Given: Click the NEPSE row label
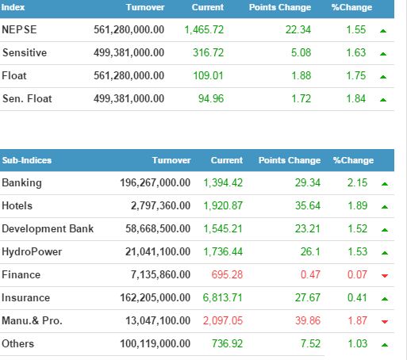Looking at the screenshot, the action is pyautogui.click(x=19, y=29).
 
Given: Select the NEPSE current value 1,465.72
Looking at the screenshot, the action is pyautogui.click(x=204, y=30).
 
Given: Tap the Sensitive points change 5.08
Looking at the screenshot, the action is pyautogui.click(x=301, y=52).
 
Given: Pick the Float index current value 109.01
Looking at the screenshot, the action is pyautogui.click(x=208, y=75).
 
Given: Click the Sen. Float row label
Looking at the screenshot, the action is pyautogui.click(x=27, y=98).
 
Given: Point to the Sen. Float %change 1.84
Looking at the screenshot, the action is pyautogui.click(x=356, y=98).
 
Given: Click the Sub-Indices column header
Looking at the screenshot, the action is pyautogui.click(x=27, y=160).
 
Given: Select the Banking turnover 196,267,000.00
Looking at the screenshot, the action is pyautogui.click(x=156, y=182).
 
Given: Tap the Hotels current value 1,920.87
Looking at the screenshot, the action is pyautogui.click(x=223, y=205).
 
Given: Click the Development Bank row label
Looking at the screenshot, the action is pyautogui.click(x=48, y=228).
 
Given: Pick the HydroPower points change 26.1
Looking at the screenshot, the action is pyautogui.click(x=310, y=251).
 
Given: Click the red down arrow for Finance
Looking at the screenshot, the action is pyautogui.click(x=385, y=276).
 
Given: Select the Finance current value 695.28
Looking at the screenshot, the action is pyautogui.click(x=227, y=274).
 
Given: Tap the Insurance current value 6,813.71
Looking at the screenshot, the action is pyautogui.click(x=223, y=297).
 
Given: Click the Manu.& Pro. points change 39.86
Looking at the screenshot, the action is pyautogui.click(x=308, y=320).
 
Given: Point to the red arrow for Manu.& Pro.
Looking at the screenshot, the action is pyautogui.click(x=385, y=322).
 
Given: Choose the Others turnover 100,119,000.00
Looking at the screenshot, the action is pyautogui.click(x=156, y=343).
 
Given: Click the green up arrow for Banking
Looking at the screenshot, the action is pyautogui.click(x=385, y=184).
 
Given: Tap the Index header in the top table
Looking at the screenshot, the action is pyautogui.click(x=13, y=7).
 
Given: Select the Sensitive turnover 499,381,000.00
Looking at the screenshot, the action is pyautogui.click(x=129, y=52).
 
